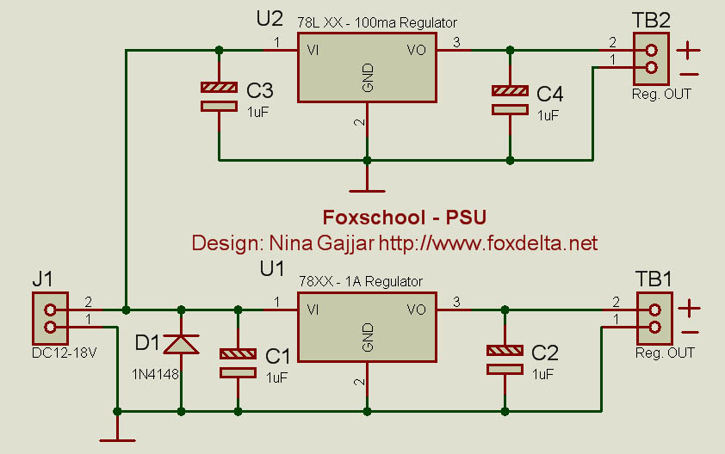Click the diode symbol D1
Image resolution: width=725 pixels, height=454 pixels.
point(181,344)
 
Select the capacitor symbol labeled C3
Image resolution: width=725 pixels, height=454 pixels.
point(219,96)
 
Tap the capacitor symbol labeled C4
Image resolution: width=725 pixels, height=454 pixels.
point(510,99)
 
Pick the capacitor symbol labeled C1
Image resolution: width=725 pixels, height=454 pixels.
point(238,362)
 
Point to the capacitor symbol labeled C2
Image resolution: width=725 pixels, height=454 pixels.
point(505,359)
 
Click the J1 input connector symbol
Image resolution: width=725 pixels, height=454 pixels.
point(50,319)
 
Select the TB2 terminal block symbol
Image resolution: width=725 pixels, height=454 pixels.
point(651,59)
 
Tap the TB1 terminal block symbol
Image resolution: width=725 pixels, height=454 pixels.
point(654,318)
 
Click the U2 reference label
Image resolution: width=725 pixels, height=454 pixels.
point(270,19)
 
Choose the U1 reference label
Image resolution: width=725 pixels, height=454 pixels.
point(272,270)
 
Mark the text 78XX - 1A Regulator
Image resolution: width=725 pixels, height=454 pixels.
point(360,281)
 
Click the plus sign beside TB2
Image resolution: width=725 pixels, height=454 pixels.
point(688,49)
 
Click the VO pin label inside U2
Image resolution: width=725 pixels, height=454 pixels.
point(416,51)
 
